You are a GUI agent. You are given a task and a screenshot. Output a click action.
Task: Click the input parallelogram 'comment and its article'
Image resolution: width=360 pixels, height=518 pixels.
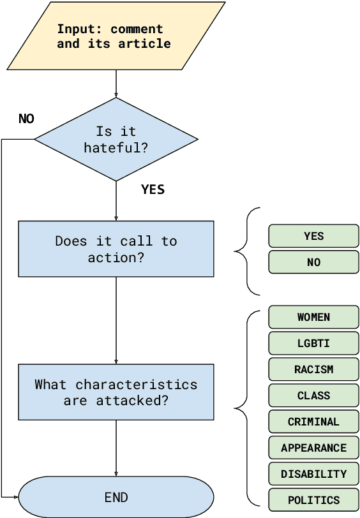tap(116, 36)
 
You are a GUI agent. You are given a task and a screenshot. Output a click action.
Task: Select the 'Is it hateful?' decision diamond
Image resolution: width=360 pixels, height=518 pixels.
tap(116, 139)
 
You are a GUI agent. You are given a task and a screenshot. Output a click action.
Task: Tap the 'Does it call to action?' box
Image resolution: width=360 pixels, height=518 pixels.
tap(116, 249)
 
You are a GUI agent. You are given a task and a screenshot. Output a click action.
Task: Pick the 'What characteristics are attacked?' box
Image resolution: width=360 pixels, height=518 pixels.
tap(116, 392)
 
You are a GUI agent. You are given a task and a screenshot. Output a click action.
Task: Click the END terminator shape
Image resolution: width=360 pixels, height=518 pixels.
tap(116, 497)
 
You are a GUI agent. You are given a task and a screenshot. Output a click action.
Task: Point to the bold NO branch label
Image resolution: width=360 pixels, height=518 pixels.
tap(26, 119)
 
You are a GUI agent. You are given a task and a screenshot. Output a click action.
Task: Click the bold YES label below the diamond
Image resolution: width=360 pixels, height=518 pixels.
tap(153, 189)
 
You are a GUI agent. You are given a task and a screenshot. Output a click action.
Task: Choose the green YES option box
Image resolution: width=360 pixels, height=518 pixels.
tap(313, 236)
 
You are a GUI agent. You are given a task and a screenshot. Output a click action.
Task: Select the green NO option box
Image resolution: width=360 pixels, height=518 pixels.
tap(313, 262)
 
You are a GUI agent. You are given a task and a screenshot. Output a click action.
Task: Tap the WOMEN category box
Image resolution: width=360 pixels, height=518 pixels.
tap(313, 317)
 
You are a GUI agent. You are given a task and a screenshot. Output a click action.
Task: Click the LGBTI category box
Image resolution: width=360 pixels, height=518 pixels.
tap(313, 343)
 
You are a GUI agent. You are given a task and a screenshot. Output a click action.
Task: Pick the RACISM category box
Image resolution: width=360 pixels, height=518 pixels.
tap(313, 369)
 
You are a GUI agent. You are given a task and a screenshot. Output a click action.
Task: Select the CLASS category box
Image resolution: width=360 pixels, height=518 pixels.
tap(313, 396)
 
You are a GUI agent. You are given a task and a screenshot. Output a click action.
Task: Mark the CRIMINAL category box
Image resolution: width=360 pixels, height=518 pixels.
tap(313, 422)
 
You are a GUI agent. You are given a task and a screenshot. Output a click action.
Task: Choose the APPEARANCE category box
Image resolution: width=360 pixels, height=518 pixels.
tap(313, 448)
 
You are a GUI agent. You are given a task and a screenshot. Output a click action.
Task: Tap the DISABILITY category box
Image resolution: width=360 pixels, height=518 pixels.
tap(313, 474)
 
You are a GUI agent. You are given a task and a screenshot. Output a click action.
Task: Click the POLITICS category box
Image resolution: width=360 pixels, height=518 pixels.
tap(313, 500)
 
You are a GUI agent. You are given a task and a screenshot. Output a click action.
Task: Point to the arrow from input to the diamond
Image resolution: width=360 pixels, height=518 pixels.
tap(116, 84)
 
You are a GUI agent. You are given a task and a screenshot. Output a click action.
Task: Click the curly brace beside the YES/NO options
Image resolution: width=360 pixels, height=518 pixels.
tap(246, 251)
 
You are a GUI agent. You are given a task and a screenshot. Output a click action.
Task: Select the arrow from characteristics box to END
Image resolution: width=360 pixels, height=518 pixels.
tap(116, 448)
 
